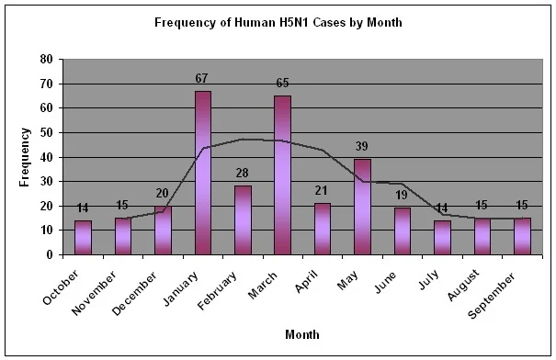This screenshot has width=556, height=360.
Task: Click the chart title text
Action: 278,23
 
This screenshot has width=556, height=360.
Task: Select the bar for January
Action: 203,173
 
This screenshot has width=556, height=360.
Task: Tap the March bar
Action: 283,175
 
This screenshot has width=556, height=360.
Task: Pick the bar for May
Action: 362,207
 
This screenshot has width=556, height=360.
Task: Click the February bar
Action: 243,220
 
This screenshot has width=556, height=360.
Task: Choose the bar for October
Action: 83,238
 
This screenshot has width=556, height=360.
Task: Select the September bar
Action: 523,236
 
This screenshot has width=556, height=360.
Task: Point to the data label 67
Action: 201,78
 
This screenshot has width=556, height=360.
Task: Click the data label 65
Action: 282,83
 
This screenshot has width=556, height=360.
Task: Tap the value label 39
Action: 362,146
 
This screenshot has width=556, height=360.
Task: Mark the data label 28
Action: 243,173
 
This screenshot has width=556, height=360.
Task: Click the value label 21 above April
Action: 322,191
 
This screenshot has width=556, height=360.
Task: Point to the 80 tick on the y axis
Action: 47,59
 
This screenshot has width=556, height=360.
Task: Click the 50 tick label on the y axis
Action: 47,133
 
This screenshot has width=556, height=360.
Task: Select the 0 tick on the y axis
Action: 50,254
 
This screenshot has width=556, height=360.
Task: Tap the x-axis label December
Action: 134,293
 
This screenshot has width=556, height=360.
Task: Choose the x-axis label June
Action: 385,283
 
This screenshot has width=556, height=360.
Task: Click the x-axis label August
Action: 463,286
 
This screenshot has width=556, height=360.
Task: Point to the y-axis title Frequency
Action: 25,157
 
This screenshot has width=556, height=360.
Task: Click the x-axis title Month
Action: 302,334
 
